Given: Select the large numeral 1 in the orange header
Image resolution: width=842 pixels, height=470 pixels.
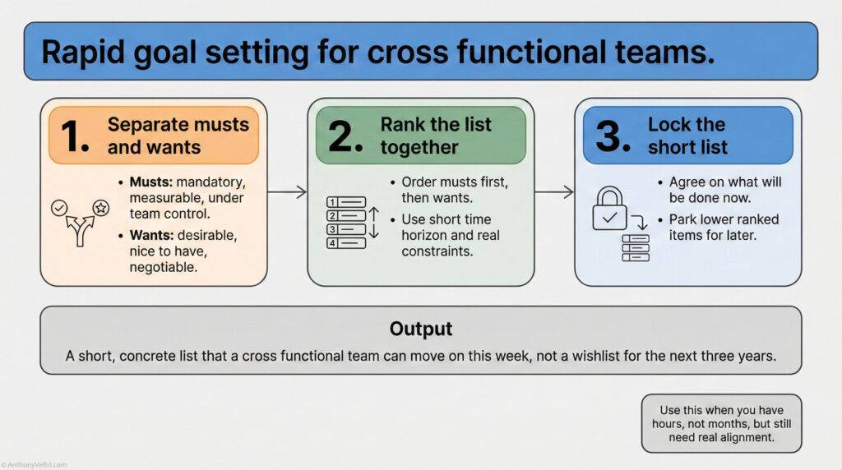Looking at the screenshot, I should tap(75, 136).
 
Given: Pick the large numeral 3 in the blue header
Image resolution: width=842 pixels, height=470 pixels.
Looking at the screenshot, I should tap(613, 136).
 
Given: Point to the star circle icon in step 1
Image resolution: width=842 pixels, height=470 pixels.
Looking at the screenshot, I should tap(101, 208).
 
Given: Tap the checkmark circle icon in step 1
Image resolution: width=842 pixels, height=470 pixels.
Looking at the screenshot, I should tap(59, 208).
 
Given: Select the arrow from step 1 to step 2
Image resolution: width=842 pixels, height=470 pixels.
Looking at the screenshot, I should tap(287, 192).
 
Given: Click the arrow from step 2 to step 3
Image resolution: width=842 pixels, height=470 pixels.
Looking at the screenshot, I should tap(554, 192).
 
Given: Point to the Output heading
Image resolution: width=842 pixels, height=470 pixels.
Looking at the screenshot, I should tap(420, 329).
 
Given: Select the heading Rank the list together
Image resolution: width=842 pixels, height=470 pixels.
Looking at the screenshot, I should tap(435, 136).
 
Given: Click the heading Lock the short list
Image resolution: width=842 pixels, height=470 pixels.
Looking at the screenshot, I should tap(687, 136).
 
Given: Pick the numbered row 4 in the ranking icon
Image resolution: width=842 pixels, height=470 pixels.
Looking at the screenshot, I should tap(346, 242).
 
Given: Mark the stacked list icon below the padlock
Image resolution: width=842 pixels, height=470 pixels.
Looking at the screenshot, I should tap(636, 247).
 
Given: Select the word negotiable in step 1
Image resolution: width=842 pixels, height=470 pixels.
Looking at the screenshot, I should tap(168, 267).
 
